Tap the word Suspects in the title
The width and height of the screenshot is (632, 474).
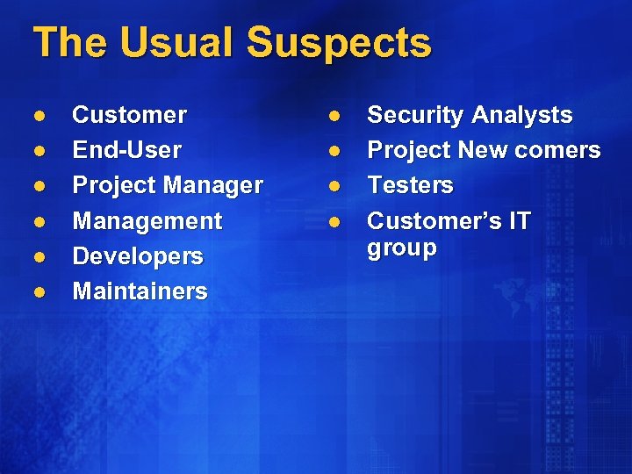coord(339,43)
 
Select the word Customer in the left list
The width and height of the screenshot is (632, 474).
coord(129,115)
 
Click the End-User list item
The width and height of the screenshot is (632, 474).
coord(126,150)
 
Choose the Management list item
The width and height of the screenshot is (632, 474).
coord(147,220)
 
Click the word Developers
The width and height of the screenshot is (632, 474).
coord(137,256)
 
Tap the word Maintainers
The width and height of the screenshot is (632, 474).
coord(140,291)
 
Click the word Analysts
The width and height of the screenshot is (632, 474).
coord(521,115)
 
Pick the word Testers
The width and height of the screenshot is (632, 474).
coord(410,185)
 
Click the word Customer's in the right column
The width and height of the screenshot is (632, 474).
coord(427,220)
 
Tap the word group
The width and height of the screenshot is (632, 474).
coord(401,248)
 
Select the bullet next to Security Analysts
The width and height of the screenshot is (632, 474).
coord(334,116)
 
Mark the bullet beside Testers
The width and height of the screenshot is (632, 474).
coord(334,186)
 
